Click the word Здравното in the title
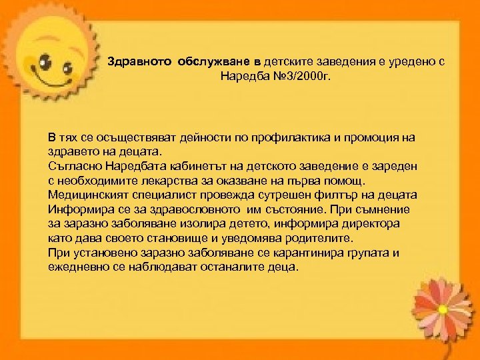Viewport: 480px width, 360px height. tap(140, 61)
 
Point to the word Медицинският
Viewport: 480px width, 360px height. tap(90, 195)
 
